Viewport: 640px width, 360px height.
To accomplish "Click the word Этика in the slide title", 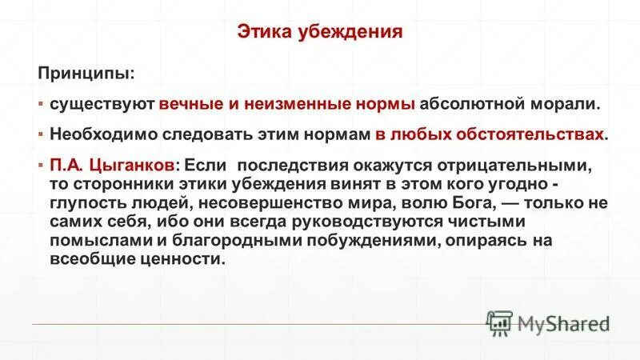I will (263, 33).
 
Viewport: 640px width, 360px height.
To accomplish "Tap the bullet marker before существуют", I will (41, 104).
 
